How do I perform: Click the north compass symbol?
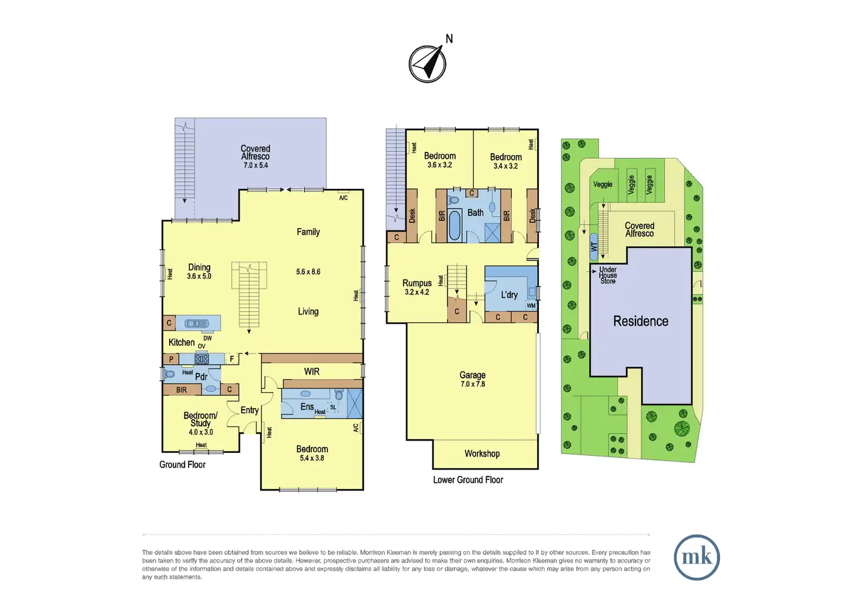pyautogui.click(x=427, y=63)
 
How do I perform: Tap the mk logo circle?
pyautogui.click(x=696, y=557)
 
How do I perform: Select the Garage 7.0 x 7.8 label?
pyautogui.click(x=473, y=379)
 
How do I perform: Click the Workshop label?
pyautogui.click(x=482, y=454)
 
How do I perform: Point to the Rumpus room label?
pyautogui.click(x=417, y=287)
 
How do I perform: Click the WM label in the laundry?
pyautogui.click(x=531, y=305)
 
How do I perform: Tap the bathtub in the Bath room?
pyautogui.click(x=455, y=226)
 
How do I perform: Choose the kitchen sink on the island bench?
pyautogui.click(x=197, y=323)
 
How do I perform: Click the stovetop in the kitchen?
pyautogui.click(x=202, y=359)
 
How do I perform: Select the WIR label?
pyautogui.click(x=312, y=372)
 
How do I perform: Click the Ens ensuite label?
pyautogui.click(x=307, y=406)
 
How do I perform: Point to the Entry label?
pyautogui.click(x=249, y=410)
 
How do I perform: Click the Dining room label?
pyautogui.click(x=199, y=271)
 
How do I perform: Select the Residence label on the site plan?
pyautogui.click(x=641, y=321)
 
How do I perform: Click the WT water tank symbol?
pyautogui.click(x=594, y=247)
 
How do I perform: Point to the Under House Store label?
pyautogui.click(x=608, y=275)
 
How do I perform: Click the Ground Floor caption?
pyautogui.click(x=182, y=465)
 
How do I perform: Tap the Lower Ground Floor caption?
pyautogui.click(x=468, y=480)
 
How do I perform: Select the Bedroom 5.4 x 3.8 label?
pyautogui.click(x=312, y=453)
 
